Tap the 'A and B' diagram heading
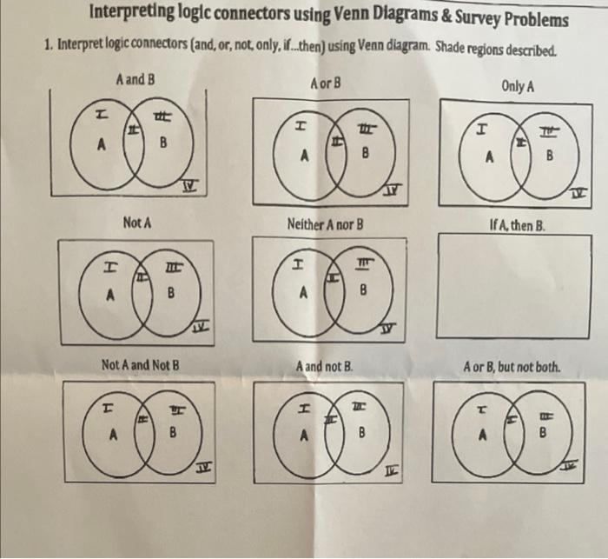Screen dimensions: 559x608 [135, 79]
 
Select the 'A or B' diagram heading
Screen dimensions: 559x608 [325, 84]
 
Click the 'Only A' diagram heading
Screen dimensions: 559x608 [517, 87]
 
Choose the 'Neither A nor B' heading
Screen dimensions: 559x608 [325, 224]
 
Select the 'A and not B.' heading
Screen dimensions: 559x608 [327, 366]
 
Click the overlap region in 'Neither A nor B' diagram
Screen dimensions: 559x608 [332, 281]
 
